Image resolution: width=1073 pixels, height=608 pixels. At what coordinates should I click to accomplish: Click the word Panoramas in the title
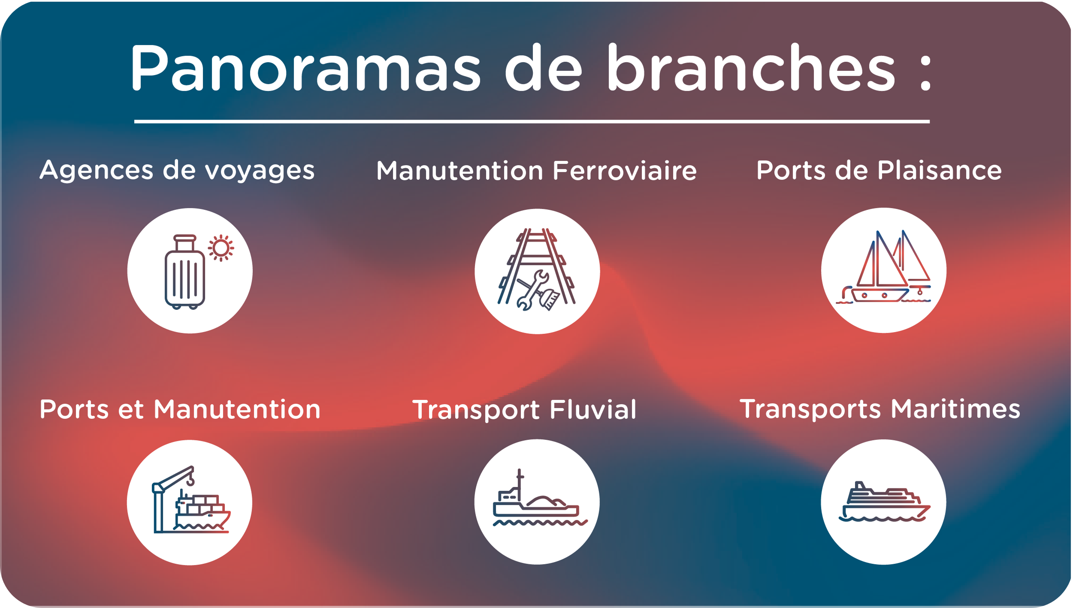pyautogui.click(x=306, y=68)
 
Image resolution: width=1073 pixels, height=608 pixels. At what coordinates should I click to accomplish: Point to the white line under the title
pyautogui.click(x=532, y=122)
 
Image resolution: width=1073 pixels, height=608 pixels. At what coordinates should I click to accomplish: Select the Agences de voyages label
pyautogui.click(x=177, y=171)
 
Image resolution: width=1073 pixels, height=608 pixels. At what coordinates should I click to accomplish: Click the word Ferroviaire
pyautogui.click(x=625, y=171)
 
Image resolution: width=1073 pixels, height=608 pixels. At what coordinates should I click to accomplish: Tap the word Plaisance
pyautogui.click(x=940, y=170)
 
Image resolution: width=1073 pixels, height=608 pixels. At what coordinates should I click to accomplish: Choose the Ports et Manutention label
pyautogui.click(x=180, y=409)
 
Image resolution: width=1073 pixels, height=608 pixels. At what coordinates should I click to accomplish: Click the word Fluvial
pyautogui.click(x=593, y=409)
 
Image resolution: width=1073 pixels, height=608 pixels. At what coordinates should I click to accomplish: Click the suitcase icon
pyautogui.click(x=185, y=272)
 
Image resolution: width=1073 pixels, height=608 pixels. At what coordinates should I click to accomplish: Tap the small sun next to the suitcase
pyautogui.click(x=221, y=248)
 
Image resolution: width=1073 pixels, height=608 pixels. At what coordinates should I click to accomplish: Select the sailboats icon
pyautogui.click(x=883, y=267)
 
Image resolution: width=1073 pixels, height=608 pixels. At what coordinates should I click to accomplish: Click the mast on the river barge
pyautogui.click(x=520, y=485)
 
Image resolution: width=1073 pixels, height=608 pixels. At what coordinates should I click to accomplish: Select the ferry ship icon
pyautogui.click(x=884, y=502)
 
